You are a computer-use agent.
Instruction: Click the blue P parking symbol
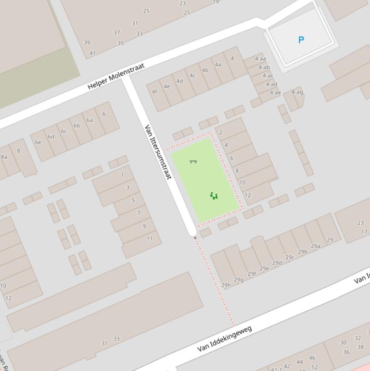(x=301, y=40)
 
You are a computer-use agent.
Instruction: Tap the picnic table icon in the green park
(x=193, y=161)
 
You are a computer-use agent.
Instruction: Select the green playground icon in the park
(x=214, y=195)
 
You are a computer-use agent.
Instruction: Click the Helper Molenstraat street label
(x=116, y=76)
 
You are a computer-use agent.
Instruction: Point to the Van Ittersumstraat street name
(x=158, y=152)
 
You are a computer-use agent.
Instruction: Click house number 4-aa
(x=260, y=59)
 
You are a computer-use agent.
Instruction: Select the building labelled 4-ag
(x=297, y=92)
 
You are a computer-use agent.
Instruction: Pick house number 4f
(x=154, y=92)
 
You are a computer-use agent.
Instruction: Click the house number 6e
(x=38, y=142)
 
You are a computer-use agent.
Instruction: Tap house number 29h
(x=226, y=285)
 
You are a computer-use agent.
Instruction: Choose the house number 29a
(x=315, y=246)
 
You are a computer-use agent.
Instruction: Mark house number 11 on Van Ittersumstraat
(x=150, y=238)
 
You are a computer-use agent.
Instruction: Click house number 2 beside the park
(x=221, y=132)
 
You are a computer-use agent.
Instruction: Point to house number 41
(x=92, y=53)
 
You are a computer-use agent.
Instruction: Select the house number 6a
(x=89, y=120)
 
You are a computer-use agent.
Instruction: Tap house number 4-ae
(x=275, y=93)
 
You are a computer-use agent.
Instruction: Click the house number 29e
(x=264, y=268)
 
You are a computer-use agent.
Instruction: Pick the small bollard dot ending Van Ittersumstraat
(x=195, y=238)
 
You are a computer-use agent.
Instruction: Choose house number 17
(x=364, y=232)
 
